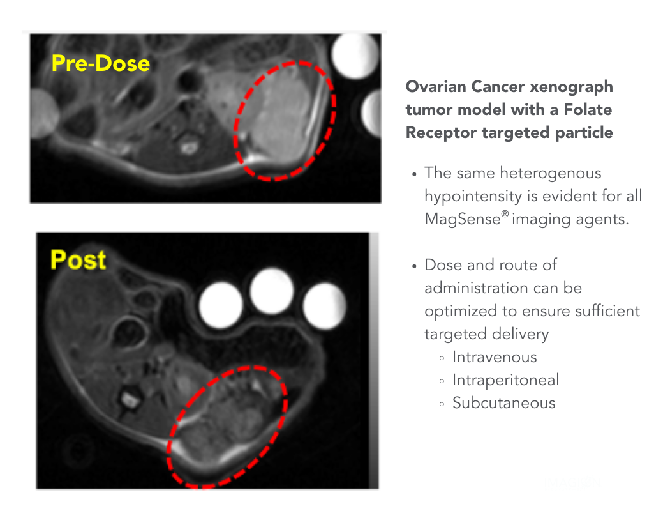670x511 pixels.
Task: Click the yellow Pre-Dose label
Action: pos(101,63)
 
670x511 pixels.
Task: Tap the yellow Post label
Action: pos(78,259)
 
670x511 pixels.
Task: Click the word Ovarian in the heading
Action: pos(436,87)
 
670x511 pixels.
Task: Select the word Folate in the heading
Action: pos(588,110)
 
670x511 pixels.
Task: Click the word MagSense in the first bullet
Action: pos(463,219)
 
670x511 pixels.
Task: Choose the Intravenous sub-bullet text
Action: pos(495,357)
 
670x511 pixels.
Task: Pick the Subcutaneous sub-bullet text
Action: pos(504,403)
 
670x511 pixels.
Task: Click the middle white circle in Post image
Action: pos(272,291)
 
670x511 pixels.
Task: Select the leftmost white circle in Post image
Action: pos(221,305)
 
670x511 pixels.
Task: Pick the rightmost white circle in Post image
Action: pos(324,305)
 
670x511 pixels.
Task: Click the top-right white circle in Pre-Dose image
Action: pos(355,56)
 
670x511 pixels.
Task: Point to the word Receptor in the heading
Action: pos(441,133)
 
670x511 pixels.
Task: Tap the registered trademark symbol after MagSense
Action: pos(505,214)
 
